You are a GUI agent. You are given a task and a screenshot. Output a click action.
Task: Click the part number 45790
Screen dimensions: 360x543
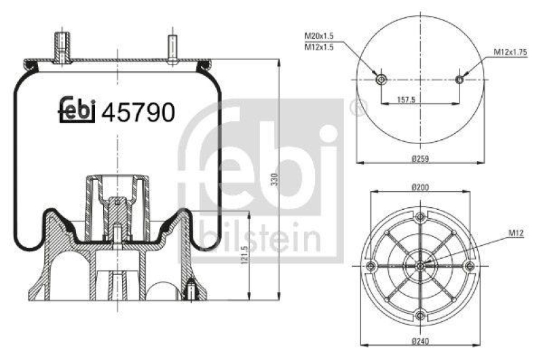138,111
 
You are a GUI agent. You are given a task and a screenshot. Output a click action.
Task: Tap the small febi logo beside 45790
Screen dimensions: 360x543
76,110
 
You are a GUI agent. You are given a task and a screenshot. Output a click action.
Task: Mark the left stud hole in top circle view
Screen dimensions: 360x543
381,80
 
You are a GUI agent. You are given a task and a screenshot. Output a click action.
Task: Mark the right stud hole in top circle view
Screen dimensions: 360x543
460,80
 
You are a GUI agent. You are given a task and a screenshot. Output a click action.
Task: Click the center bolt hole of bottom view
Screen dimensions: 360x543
421,265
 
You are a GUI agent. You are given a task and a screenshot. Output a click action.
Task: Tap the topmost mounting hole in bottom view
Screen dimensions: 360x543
421,216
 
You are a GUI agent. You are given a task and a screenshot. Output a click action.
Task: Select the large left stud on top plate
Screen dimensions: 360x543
62,46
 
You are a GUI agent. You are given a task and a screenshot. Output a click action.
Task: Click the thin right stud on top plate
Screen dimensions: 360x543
172,49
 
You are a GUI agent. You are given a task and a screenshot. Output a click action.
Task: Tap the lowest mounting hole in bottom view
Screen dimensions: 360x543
421,314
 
